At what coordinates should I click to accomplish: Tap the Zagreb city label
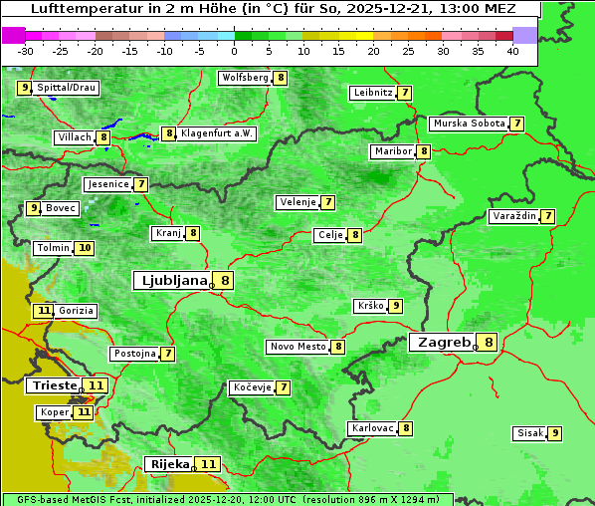[x=444, y=343]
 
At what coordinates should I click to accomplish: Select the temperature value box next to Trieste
[x=96, y=385]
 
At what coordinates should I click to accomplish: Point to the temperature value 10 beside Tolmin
[x=85, y=248]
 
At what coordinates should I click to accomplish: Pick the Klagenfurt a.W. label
[x=217, y=133]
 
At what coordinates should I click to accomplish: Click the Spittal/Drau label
[x=67, y=88]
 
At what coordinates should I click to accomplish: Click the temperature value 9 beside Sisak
[x=554, y=433]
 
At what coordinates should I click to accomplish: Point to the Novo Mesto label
[x=298, y=347]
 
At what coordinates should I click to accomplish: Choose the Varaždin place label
[x=514, y=216]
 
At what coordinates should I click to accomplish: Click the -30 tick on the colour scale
[x=26, y=51]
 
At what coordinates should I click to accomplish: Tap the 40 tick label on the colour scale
[x=512, y=51]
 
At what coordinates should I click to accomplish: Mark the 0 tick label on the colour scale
[x=235, y=51]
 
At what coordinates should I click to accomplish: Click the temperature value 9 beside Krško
[x=395, y=306]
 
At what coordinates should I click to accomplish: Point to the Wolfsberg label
[x=246, y=78]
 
